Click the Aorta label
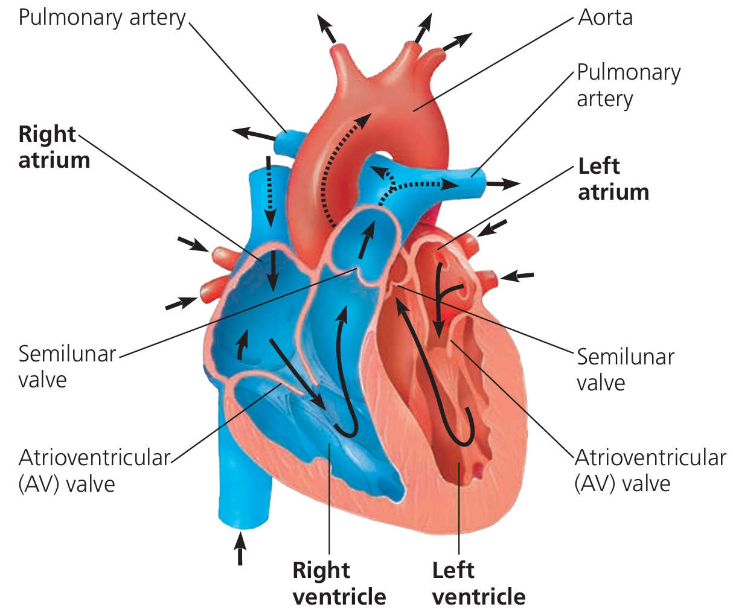pos(605,17)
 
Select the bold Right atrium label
pos(54,147)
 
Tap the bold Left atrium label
pos(613,179)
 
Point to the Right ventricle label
pos(339,583)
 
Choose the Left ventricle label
pos(479,583)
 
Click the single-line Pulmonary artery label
pos(102,17)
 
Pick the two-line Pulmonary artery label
pos(628,85)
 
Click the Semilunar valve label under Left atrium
pos(625,369)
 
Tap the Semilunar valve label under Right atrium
pos(66,366)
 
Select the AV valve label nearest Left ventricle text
pos(650,470)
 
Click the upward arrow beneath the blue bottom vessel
pos(240,548)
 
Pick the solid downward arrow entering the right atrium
pos(274,268)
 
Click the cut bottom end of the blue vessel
pos(240,519)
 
